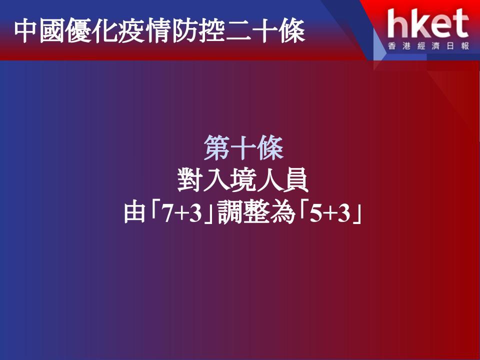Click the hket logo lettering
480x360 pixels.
click(x=427, y=23)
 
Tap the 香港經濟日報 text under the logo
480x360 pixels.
click(x=428, y=46)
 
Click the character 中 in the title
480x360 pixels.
click(x=25, y=31)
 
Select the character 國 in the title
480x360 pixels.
click(x=51, y=31)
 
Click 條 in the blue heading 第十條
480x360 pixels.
click(x=270, y=148)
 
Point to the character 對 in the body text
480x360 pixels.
click(x=190, y=179)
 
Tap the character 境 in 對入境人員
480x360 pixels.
click(x=243, y=179)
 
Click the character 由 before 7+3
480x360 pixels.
click(x=134, y=212)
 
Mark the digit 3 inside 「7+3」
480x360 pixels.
click(x=195, y=213)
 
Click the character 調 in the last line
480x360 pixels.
click(x=230, y=212)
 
